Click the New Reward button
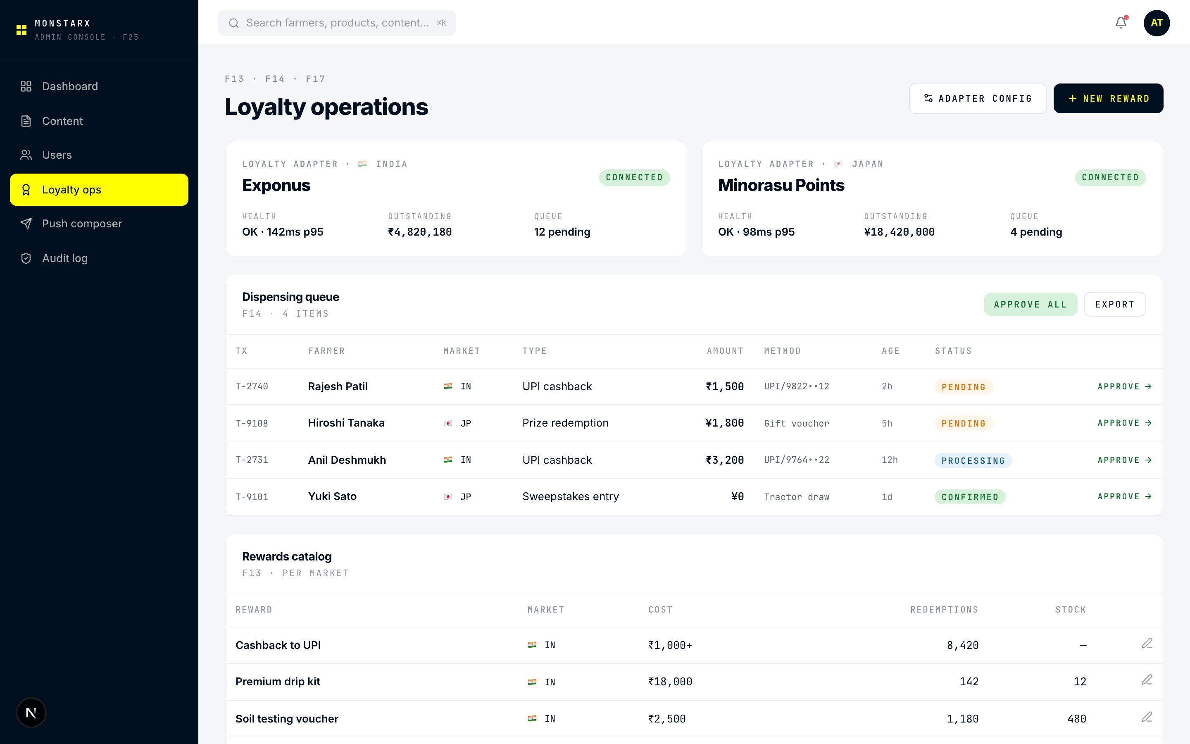click(1108, 98)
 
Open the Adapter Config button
click(977, 98)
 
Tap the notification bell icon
click(1121, 23)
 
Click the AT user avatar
click(1156, 23)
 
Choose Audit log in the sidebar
click(64, 258)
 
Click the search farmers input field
click(337, 23)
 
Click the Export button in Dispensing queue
click(1114, 304)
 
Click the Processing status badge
click(973, 460)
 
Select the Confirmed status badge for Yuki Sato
click(970, 497)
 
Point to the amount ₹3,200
click(724, 460)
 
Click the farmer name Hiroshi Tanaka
click(346, 423)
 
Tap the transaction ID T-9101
click(252, 497)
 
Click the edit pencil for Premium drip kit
click(1147, 680)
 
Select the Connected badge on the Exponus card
click(634, 177)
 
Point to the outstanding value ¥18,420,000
click(899, 232)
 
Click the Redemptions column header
click(944, 610)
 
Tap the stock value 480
click(1076, 719)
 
